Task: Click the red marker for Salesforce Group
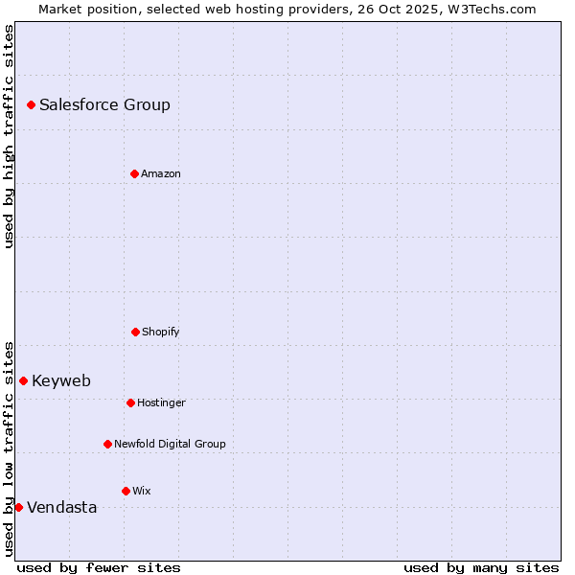tap(31, 104)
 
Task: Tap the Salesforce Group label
tap(104, 105)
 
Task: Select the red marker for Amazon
tap(134, 173)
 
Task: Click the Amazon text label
tap(161, 174)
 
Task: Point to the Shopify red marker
tap(135, 332)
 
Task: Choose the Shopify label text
tap(161, 333)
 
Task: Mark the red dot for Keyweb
tap(23, 380)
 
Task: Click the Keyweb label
tap(61, 381)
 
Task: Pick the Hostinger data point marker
tap(130, 402)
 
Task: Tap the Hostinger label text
tap(161, 403)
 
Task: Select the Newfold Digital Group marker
tap(107, 444)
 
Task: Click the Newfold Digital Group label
tap(170, 445)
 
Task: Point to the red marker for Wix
tap(126, 491)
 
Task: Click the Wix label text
tap(142, 492)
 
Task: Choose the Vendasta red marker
tap(18, 507)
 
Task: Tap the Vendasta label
tap(62, 508)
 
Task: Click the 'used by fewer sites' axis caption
tap(99, 568)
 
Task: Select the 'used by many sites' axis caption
tap(481, 568)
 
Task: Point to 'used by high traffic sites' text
tap(9, 136)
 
